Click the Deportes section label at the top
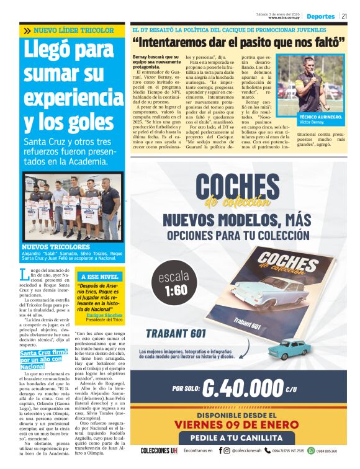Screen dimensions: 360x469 pos(321,16)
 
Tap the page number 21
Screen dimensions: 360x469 pos(344,16)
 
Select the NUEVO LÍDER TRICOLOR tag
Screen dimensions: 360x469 pos(73,30)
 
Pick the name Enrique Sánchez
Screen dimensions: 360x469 pos(104,315)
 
